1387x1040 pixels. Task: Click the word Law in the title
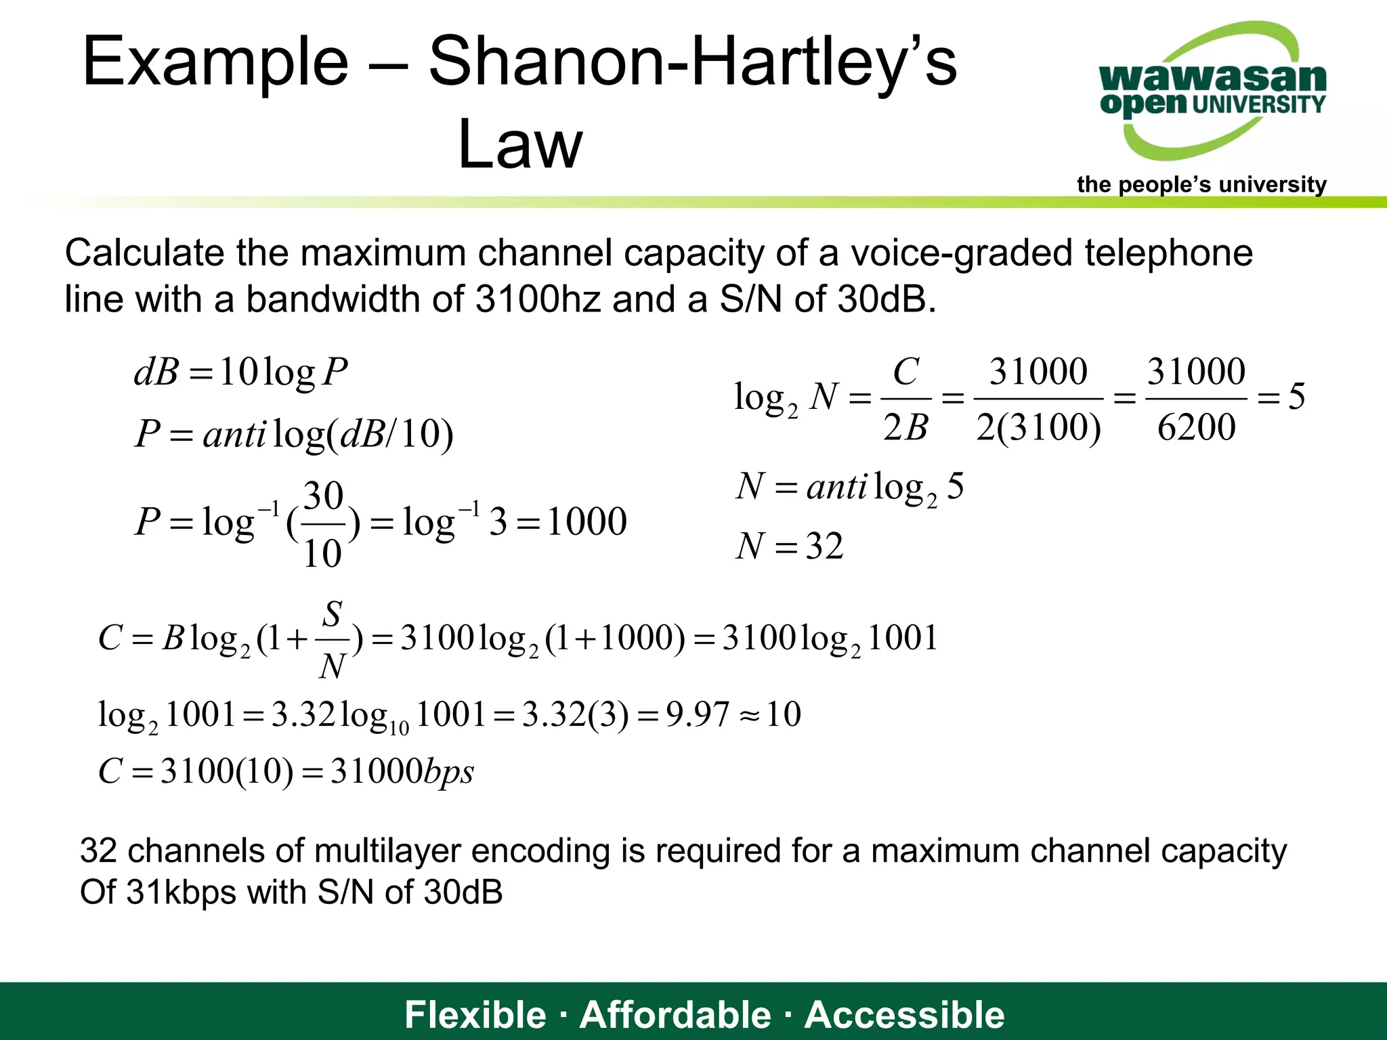[x=519, y=144]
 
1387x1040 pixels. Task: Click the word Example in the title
[x=215, y=62]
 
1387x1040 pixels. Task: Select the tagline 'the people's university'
[x=1201, y=184]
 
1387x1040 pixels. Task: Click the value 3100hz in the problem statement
[x=538, y=299]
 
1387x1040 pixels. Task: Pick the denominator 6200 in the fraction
[x=1196, y=427]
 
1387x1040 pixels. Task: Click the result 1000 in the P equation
[x=586, y=521]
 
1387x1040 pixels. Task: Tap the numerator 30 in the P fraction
[x=323, y=496]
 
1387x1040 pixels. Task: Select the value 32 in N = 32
[x=824, y=546]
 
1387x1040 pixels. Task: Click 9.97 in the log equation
[x=697, y=714]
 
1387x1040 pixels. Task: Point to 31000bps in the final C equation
[x=402, y=771]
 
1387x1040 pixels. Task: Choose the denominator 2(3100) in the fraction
[x=1038, y=427]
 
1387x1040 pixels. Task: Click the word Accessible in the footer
[x=904, y=1014]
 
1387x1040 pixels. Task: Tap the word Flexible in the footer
[x=475, y=1014]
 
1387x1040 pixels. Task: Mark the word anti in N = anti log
[x=836, y=487]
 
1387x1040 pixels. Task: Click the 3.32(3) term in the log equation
[x=575, y=714]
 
